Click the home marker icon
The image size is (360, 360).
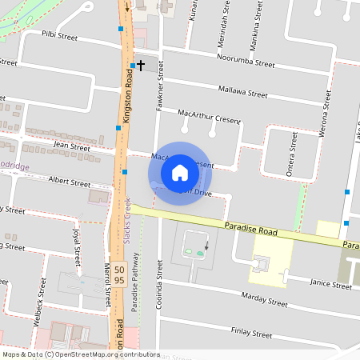point(180,172)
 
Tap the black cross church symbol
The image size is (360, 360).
point(141,63)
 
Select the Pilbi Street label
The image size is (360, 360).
point(60,36)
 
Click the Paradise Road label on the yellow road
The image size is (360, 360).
point(250,230)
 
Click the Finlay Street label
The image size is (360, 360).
point(251,330)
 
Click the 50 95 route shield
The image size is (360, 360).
point(118,274)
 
